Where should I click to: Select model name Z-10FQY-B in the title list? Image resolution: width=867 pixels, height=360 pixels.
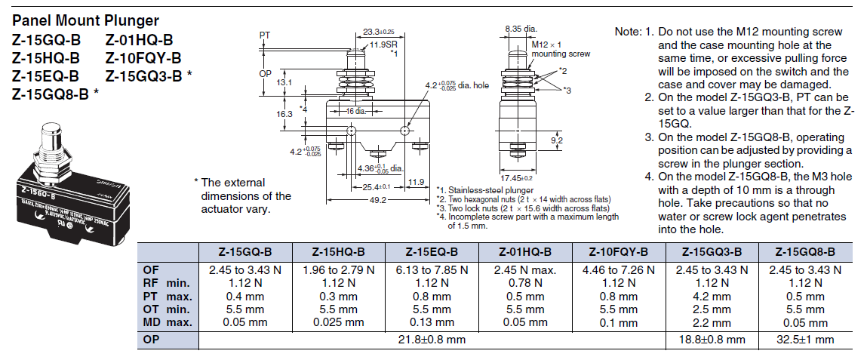click(143, 59)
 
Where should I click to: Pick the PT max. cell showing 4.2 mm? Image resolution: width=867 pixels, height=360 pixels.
click(710, 297)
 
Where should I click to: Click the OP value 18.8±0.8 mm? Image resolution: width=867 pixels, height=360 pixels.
click(710, 340)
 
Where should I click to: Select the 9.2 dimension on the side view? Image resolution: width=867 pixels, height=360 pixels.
click(558, 140)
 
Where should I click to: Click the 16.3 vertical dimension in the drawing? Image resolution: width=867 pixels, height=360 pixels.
click(284, 113)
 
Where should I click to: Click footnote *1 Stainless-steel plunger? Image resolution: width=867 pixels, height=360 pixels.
click(486, 190)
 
